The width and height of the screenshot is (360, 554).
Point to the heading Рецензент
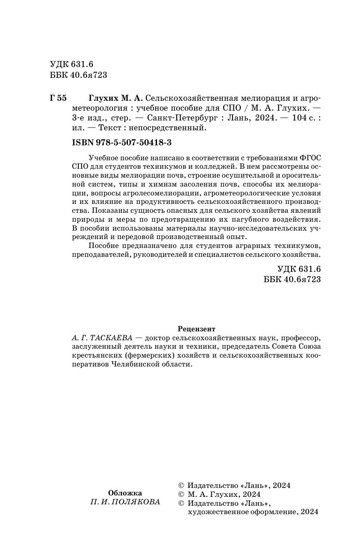coord(197,329)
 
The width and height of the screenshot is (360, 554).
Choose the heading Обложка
coord(125,493)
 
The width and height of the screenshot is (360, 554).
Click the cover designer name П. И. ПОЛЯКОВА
coord(125,502)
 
